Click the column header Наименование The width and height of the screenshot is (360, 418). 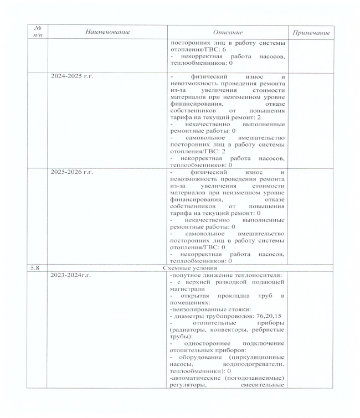107,32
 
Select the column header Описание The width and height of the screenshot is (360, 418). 227,33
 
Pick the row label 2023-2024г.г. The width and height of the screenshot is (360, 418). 71,275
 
